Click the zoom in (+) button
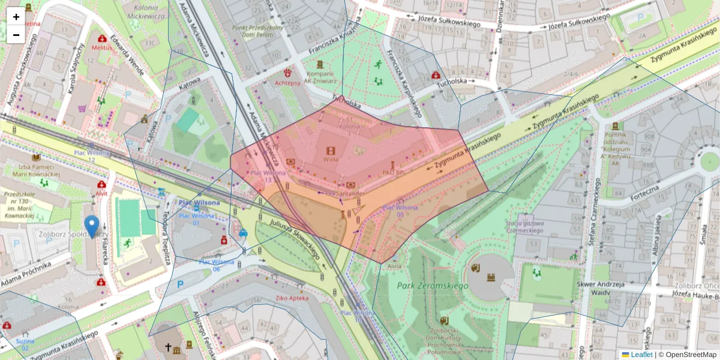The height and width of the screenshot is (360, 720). coord(16,17)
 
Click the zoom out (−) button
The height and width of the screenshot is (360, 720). coord(16,35)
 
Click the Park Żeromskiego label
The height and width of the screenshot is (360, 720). coord(432,286)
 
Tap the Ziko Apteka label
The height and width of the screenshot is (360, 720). coord(292,298)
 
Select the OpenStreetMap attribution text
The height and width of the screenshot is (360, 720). coord(687,355)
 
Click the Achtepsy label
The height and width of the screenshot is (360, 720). coord(287,83)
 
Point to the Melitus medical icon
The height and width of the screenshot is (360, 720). coord(103,40)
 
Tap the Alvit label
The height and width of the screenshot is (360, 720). coord(101,194)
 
